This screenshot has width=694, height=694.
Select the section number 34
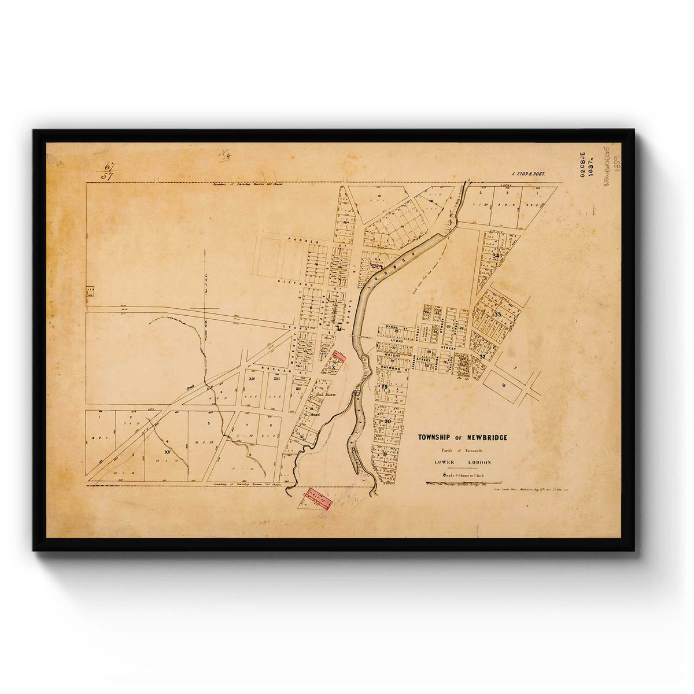[496, 255]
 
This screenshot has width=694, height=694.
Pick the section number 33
[498, 314]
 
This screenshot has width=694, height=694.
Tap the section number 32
[482, 356]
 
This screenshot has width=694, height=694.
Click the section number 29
[384, 386]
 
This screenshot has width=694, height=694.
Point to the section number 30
[388, 422]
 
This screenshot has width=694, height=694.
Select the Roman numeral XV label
[167, 451]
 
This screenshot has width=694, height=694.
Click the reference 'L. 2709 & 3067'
[529, 173]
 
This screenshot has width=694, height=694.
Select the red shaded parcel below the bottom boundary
[319, 499]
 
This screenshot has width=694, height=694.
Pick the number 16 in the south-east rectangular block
[504, 384]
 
